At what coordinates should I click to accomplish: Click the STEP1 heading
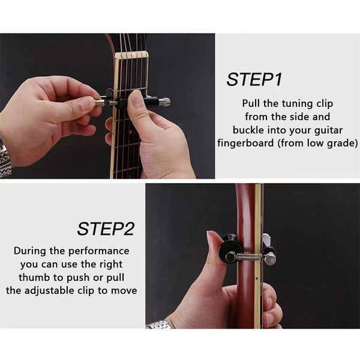[x=254, y=79]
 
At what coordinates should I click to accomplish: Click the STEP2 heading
[x=105, y=229]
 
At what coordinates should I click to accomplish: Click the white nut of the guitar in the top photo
[x=131, y=55]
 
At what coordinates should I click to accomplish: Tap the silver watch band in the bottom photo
[x=159, y=324]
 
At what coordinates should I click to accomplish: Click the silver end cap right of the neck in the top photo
[x=163, y=102]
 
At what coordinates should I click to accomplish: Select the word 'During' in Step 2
[x=30, y=251]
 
